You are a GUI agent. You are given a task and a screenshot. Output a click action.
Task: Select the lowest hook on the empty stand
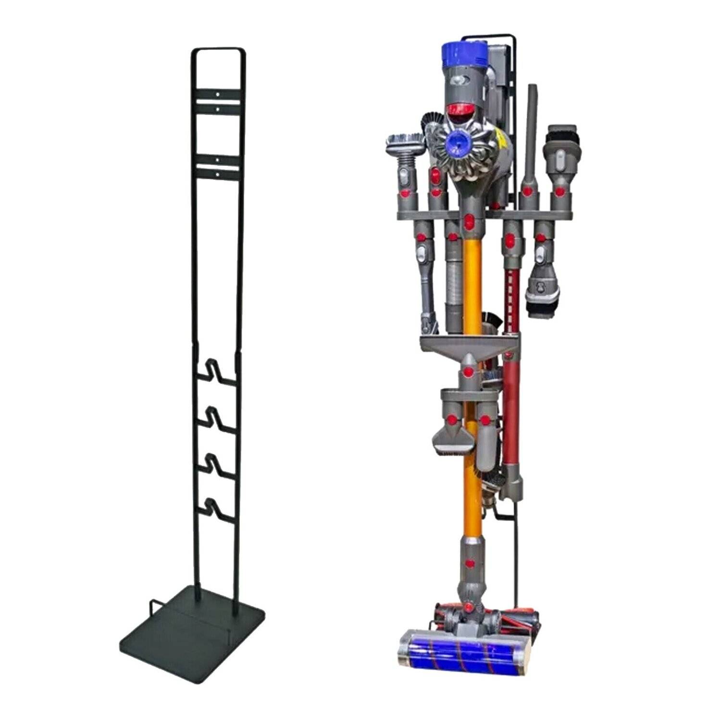(x=216, y=512)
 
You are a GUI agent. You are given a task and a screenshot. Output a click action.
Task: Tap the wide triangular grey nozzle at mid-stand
(x=469, y=346)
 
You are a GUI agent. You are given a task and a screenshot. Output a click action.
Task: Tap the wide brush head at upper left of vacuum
(x=404, y=143)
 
